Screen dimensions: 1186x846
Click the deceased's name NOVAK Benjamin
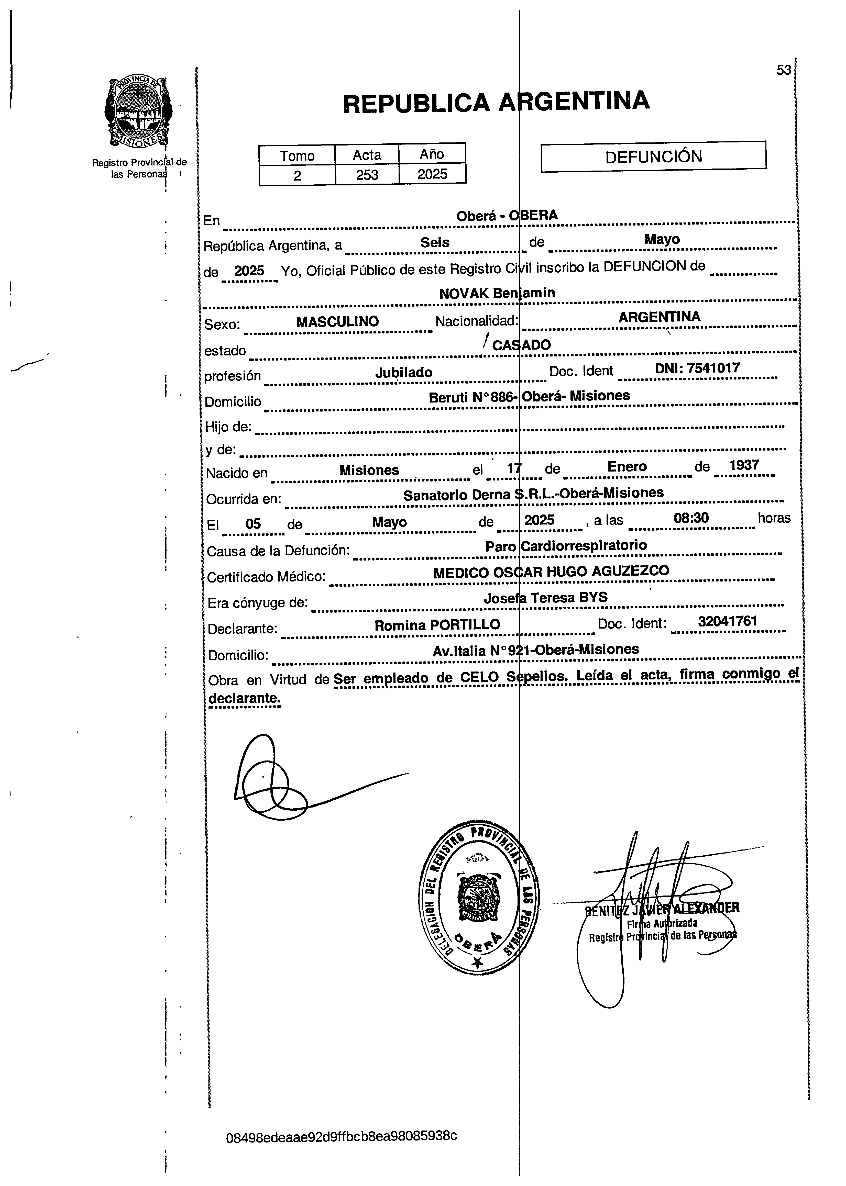point(497,293)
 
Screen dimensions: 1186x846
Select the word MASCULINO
point(338,321)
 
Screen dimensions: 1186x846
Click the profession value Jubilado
point(404,372)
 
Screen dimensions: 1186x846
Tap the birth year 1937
point(744,465)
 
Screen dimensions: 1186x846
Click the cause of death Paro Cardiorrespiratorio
point(566,546)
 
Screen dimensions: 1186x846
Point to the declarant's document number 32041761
point(728,621)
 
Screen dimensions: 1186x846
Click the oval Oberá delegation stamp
point(479,897)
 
